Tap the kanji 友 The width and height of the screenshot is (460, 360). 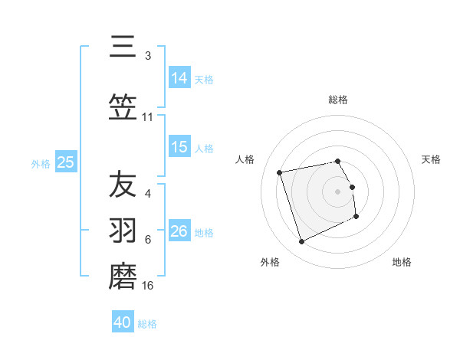[x=123, y=185]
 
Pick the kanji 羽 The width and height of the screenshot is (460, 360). [x=123, y=231]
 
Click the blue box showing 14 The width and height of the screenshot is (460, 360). [x=179, y=77]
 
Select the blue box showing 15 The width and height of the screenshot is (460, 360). [x=179, y=147]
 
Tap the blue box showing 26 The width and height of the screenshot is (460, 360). [x=179, y=231]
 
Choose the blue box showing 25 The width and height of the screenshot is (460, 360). [x=65, y=162]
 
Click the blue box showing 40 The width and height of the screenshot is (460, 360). [x=123, y=322]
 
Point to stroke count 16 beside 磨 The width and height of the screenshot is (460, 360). [x=148, y=286]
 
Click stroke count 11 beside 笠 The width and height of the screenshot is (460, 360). [x=148, y=117]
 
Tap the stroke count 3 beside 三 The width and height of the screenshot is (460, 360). [x=147, y=56]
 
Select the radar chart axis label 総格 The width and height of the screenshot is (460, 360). [x=338, y=100]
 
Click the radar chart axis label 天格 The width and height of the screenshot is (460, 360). [x=431, y=159]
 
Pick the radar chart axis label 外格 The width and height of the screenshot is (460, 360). [x=270, y=263]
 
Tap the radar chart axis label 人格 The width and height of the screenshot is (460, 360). [x=245, y=159]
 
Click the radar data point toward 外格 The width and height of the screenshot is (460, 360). [x=301, y=242]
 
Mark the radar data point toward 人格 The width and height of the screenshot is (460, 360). [x=280, y=172]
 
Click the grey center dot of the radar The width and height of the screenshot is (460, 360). [x=338, y=191]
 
